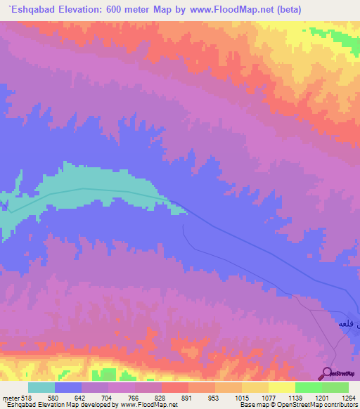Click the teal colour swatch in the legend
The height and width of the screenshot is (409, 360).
41,387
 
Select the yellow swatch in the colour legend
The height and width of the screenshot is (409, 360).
282,387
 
